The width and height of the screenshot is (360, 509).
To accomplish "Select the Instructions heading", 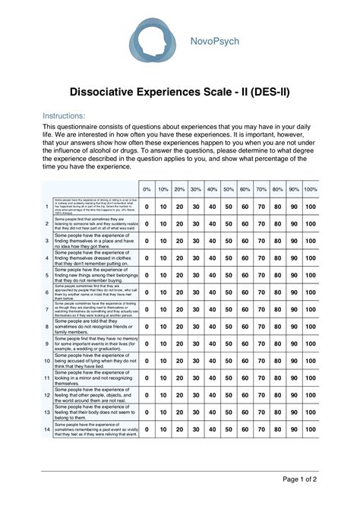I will tap(66, 115).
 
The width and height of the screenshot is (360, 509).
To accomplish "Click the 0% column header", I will tap(147, 188).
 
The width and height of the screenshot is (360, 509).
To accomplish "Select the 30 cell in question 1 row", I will tap(196, 206).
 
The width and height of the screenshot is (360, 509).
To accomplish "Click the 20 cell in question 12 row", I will tap(179, 395).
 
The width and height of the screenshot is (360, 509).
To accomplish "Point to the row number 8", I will tap(47, 327).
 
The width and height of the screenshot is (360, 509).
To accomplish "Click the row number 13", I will tap(47, 413).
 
